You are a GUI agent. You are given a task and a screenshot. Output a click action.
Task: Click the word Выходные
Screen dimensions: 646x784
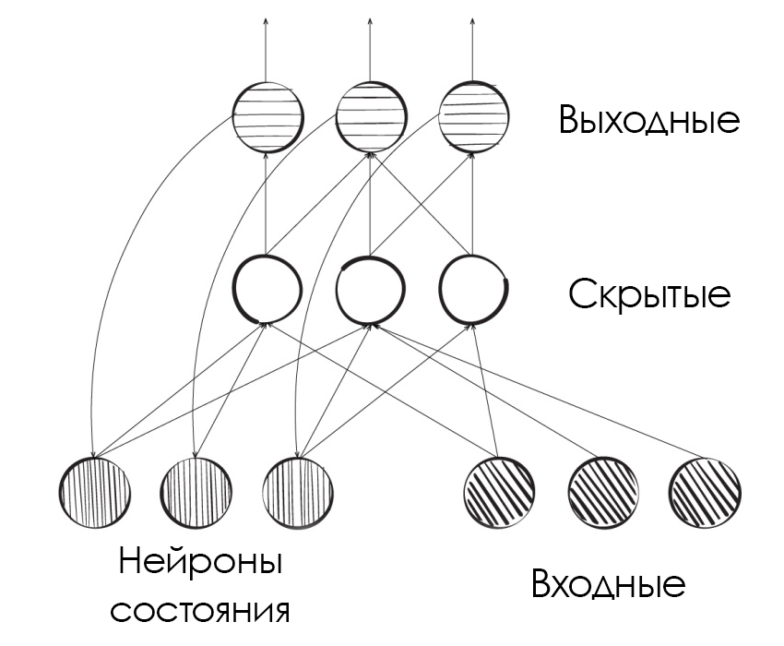pos(649,121)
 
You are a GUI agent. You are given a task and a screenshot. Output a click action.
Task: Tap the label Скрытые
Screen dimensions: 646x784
pos(649,295)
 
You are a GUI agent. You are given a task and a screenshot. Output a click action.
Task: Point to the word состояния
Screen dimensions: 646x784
pos(200,610)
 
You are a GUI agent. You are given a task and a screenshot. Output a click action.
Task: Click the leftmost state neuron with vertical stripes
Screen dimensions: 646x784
pos(94,491)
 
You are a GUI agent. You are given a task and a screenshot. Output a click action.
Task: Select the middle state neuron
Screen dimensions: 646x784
pos(196,491)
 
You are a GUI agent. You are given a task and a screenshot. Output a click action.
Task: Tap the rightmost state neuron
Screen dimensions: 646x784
pos(297,491)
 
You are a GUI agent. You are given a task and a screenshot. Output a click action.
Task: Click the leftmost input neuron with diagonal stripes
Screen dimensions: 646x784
pos(499,489)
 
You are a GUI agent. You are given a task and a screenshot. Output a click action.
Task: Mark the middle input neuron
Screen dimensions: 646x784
pos(601,489)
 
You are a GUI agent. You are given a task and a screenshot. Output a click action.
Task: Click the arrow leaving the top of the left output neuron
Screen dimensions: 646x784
pos(266,46)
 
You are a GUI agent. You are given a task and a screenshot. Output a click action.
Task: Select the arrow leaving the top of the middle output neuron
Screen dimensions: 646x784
pos(369,46)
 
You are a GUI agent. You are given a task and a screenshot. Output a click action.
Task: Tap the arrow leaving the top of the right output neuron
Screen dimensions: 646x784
pos(472,46)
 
